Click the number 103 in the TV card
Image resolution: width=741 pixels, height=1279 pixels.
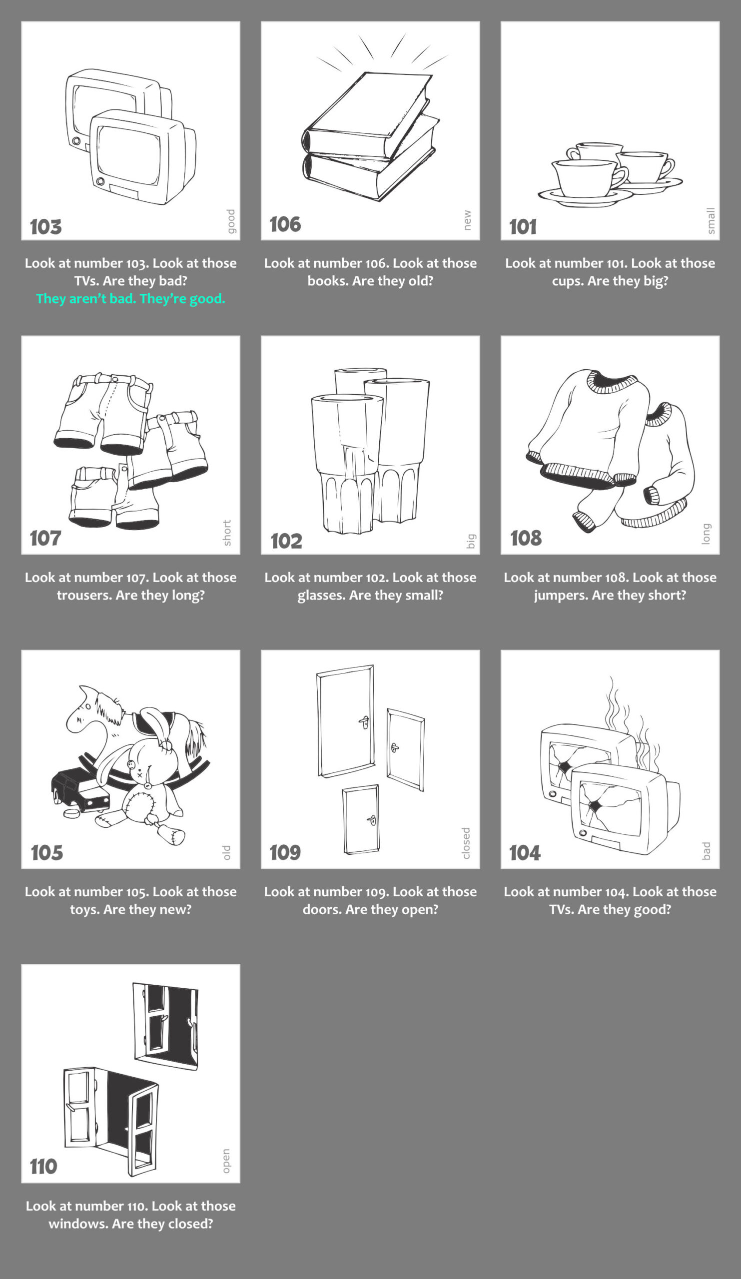click(x=45, y=227)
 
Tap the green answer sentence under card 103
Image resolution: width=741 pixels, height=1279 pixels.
click(x=130, y=299)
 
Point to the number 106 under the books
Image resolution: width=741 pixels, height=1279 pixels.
click(x=285, y=224)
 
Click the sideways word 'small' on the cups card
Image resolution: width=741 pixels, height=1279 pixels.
click(x=711, y=221)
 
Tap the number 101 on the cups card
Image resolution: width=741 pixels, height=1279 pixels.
click(x=523, y=227)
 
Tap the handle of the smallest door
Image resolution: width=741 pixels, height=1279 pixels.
click(x=372, y=820)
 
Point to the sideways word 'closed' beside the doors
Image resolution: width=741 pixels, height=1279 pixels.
click(x=466, y=843)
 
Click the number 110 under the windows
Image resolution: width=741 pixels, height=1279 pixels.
click(x=43, y=1166)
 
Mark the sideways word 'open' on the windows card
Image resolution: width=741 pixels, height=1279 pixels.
click(x=226, y=1161)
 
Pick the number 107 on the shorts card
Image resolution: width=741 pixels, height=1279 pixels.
click(x=45, y=538)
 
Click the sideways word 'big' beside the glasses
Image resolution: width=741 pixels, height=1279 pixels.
click(x=471, y=541)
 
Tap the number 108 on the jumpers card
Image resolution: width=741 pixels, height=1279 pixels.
click(x=526, y=538)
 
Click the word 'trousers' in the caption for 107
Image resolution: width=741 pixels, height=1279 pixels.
click(x=84, y=596)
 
